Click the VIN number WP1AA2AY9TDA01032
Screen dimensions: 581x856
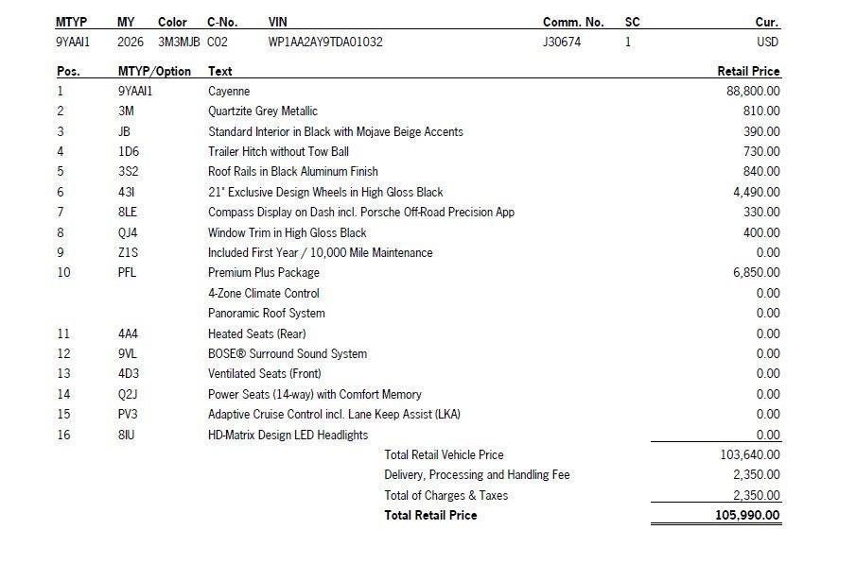[x=325, y=43]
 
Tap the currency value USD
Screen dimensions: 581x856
[x=767, y=43]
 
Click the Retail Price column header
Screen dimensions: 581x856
[x=748, y=71]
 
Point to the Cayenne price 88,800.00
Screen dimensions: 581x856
[x=753, y=92]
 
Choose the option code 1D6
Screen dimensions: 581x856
[x=128, y=152]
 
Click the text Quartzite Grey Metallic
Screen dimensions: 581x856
[x=262, y=111]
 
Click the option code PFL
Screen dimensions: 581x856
[x=127, y=273]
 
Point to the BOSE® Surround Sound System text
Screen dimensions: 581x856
[x=287, y=354]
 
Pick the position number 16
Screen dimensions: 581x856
[x=63, y=436]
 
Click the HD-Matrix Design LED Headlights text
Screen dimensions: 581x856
[x=288, y=436]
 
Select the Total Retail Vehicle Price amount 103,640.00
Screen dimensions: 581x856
[x=750, y=455]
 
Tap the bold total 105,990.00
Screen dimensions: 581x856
[x=747, y=516]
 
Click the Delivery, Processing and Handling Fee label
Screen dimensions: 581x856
[x=477, y=475]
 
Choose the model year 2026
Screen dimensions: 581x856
[x=131, y=43]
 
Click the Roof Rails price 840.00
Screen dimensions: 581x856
[x=761, y=172]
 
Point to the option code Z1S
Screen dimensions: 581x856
[x=128, y=253]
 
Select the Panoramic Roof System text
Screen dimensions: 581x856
[x=266, y=314]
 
